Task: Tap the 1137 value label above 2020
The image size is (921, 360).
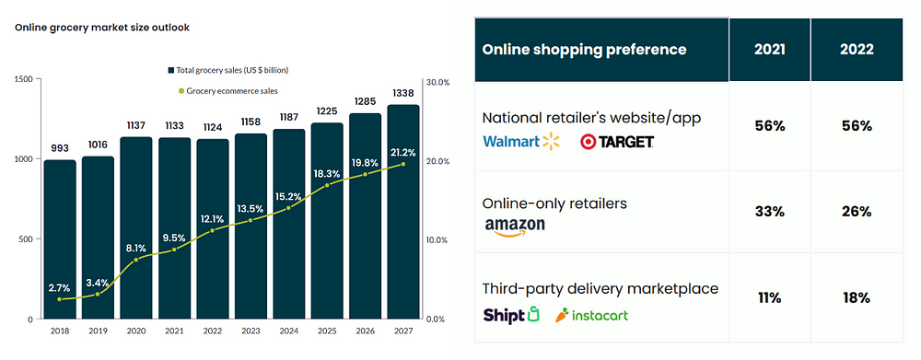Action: click(136, 125)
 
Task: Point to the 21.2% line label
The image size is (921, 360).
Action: click(402, 152)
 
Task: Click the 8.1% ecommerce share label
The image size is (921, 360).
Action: click(136, 248)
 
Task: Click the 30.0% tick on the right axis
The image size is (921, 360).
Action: click(437, 82)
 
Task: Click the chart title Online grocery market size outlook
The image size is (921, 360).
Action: click(101, 28)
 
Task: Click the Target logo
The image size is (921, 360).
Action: click(617, 141)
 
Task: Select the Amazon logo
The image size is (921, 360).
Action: click(514, 227)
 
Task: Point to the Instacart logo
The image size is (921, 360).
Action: click(592, 315)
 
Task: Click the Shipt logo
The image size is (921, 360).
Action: click(510, 315)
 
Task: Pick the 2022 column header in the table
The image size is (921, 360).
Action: click(855, 49)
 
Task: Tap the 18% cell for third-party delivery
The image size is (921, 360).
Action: click(855, 298)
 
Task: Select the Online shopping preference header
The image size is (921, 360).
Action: click(584, 49)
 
